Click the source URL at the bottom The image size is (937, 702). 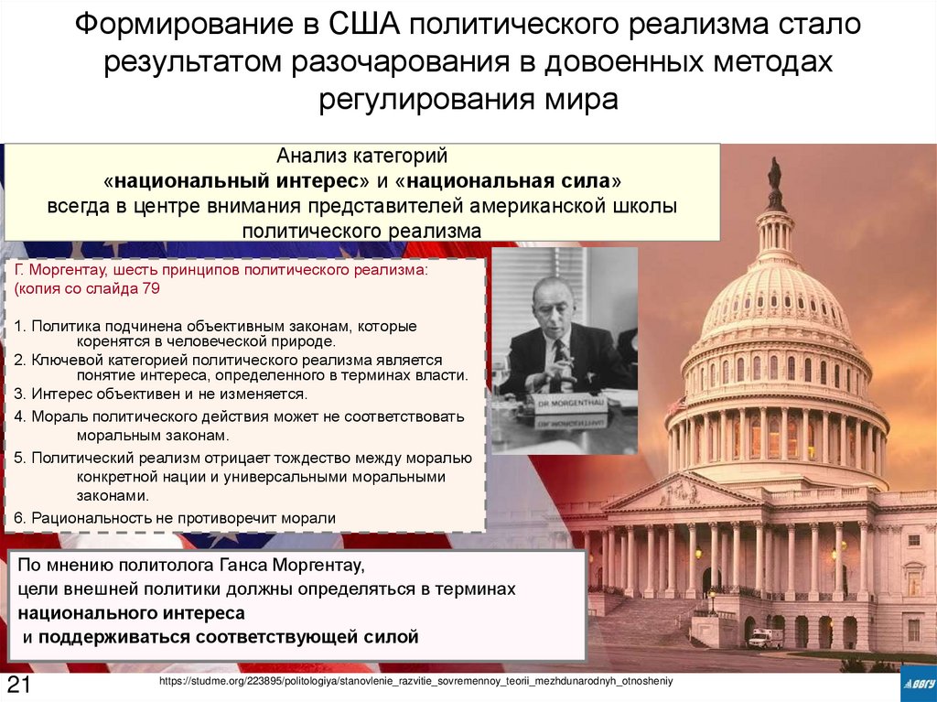coord(415,682)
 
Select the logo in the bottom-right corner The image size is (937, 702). coord(916,683)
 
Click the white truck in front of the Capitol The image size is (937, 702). coord(764,638)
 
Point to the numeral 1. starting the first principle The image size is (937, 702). coord(20,326)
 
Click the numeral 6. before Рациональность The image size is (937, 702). coord(20,518)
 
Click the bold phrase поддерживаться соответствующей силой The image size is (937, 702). coord(228,635)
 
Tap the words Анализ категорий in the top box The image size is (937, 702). coord(362,157)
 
